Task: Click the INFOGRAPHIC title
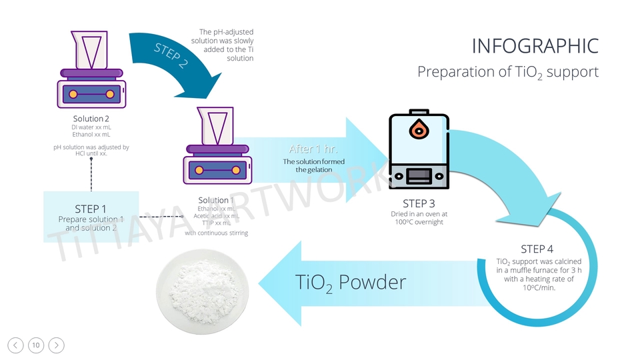(x=535, y=46)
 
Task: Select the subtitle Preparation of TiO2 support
(x=508, y=72)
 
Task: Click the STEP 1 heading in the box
(x=91, y=208)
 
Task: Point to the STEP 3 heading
(x=419, y=203)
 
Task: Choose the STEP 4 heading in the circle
(x=537, y=249)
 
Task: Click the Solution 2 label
(x=91, y=119)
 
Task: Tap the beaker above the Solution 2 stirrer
(x=91, y=49)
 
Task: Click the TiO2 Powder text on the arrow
(x=350, y=283)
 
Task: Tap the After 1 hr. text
(x=313, y=149)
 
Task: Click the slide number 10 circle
(x=36, y=345)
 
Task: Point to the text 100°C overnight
(x=419, y=222)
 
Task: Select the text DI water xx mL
(x=91, y=127)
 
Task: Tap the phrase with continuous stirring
(x=216, y=233)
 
